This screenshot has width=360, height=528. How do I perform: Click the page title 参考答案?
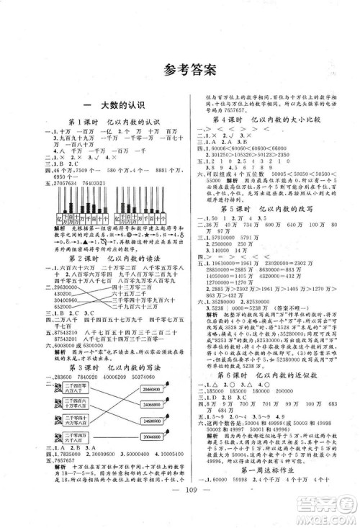click(x=180, y=70)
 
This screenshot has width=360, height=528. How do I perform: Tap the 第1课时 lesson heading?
click(x=94, y=122)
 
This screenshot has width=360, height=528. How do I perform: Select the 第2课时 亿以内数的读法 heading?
click(x=94, y=237)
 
